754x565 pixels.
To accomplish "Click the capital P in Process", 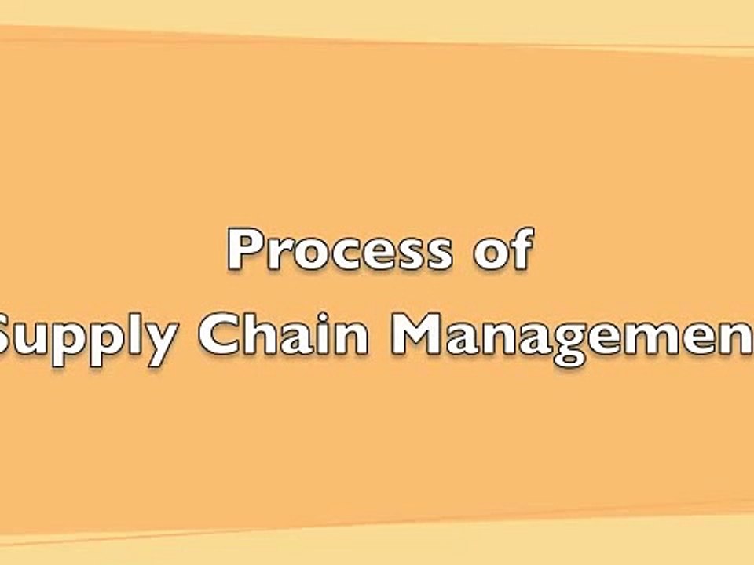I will [x=244, y=250].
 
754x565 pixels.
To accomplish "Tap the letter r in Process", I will [x=276, y=255].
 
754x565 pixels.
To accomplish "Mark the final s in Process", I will [x=437, y=256].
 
